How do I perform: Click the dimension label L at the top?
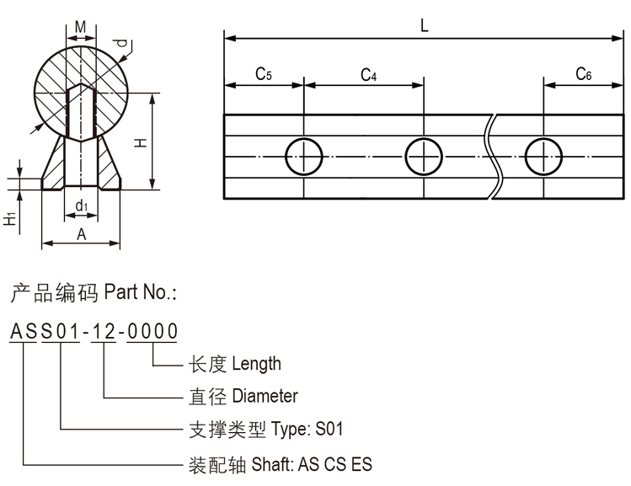coord(424,25)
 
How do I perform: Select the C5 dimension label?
coord(263,75)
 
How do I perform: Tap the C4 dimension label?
coord(368,75)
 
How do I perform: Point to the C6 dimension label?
coord(583,75)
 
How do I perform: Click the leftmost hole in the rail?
coord(303,157)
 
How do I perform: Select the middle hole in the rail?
coord(424,157)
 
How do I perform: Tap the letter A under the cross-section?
coord(81,235)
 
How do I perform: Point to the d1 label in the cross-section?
coord(81,206)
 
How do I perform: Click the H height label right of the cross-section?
coord(140,143)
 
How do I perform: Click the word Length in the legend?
coord(256,364)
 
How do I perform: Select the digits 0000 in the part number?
coord(152,331)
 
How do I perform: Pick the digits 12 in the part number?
coord(104,331)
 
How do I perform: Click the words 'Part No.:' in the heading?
coord(140,293)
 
